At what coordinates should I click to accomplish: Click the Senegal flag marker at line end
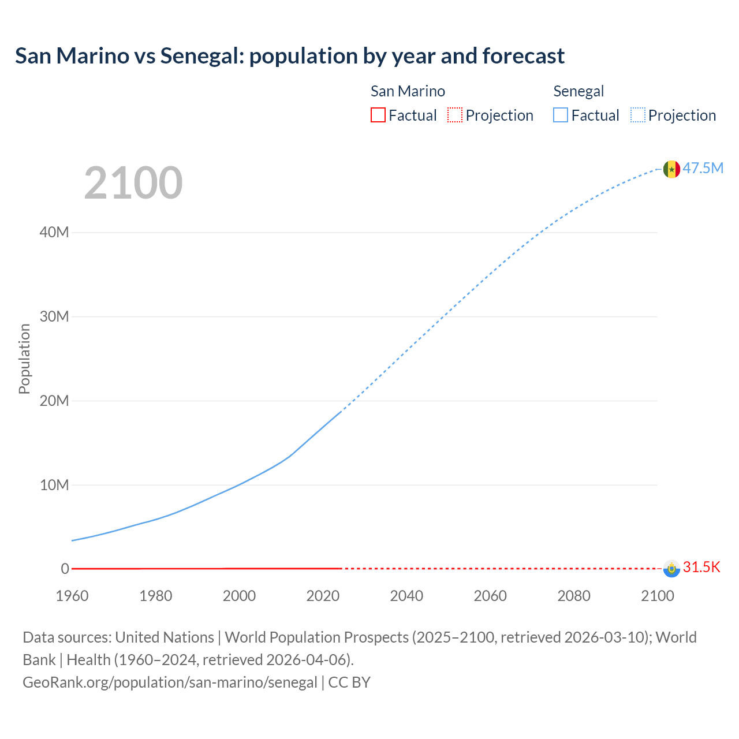tap(671, 169)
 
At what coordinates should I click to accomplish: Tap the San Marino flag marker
tap(671, 569)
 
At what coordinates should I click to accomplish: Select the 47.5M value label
tap(703, 168)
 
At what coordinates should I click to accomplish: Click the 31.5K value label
tap(701, 567)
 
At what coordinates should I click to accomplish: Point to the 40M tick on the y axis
tap(54, 232)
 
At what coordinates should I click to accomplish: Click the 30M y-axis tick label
tap(54, 316)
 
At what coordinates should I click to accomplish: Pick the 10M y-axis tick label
tap(54, 485)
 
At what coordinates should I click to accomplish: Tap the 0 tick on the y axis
tap(65, 569)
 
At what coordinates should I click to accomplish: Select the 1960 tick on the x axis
tap(72, 596)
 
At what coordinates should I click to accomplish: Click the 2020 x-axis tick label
tap(323, 596)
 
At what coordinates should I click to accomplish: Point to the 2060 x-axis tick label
tap(490, 596)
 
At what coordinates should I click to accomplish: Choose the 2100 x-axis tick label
tap(657, 596)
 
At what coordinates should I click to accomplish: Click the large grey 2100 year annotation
tap(133, 183)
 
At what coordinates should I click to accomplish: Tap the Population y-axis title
tap(24, 359)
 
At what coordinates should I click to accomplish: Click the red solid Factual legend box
tap(378, 115)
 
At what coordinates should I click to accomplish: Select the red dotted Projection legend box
tap(455, 115)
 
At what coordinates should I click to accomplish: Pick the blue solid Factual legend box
tap(560, 115)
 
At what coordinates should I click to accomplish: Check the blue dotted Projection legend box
tap(637, 115)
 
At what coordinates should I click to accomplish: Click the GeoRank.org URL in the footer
tap(170, 682)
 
